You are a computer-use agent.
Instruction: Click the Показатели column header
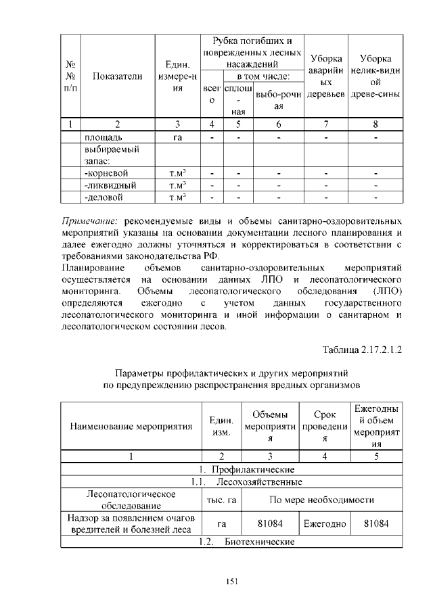pyautogui.click(x=117, y=76)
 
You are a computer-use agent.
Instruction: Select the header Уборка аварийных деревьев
pyautogui.click(x=325, y=75)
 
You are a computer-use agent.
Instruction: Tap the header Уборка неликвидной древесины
pyautogui.click(x=375, y=75)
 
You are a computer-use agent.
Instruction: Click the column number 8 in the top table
pyautogui.click(x=375, y=124)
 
